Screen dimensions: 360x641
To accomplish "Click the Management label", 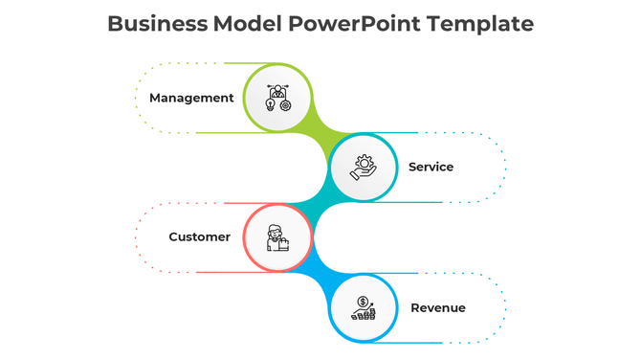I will click(191, 98).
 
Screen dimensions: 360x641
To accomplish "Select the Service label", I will click(431, 167).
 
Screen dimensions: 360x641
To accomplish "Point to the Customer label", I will click(199, 236).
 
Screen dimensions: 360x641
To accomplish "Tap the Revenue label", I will click(437, 307).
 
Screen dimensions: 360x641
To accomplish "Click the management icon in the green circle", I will click(277, 98).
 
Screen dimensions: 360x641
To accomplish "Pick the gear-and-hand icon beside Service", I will click(364, 168).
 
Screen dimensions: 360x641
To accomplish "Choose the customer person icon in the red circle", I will click(277, 237).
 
